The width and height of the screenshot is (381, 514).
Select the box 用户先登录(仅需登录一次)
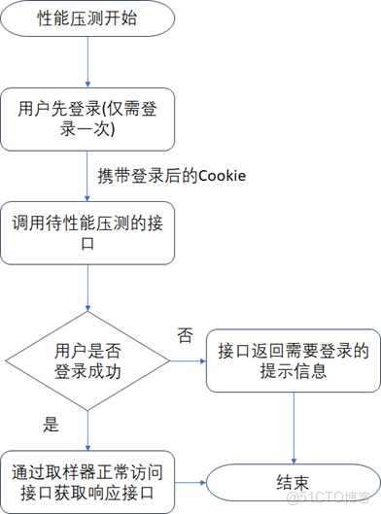88,119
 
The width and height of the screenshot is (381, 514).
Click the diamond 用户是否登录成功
88,360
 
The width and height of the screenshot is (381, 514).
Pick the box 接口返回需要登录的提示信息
293,360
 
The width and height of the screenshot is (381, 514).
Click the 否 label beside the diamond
185,335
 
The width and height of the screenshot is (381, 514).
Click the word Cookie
223,175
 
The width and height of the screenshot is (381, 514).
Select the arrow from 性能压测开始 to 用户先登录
88,62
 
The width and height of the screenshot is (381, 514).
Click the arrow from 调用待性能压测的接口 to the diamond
88,287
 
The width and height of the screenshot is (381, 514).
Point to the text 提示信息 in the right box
293,371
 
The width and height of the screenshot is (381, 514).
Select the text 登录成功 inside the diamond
88,371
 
